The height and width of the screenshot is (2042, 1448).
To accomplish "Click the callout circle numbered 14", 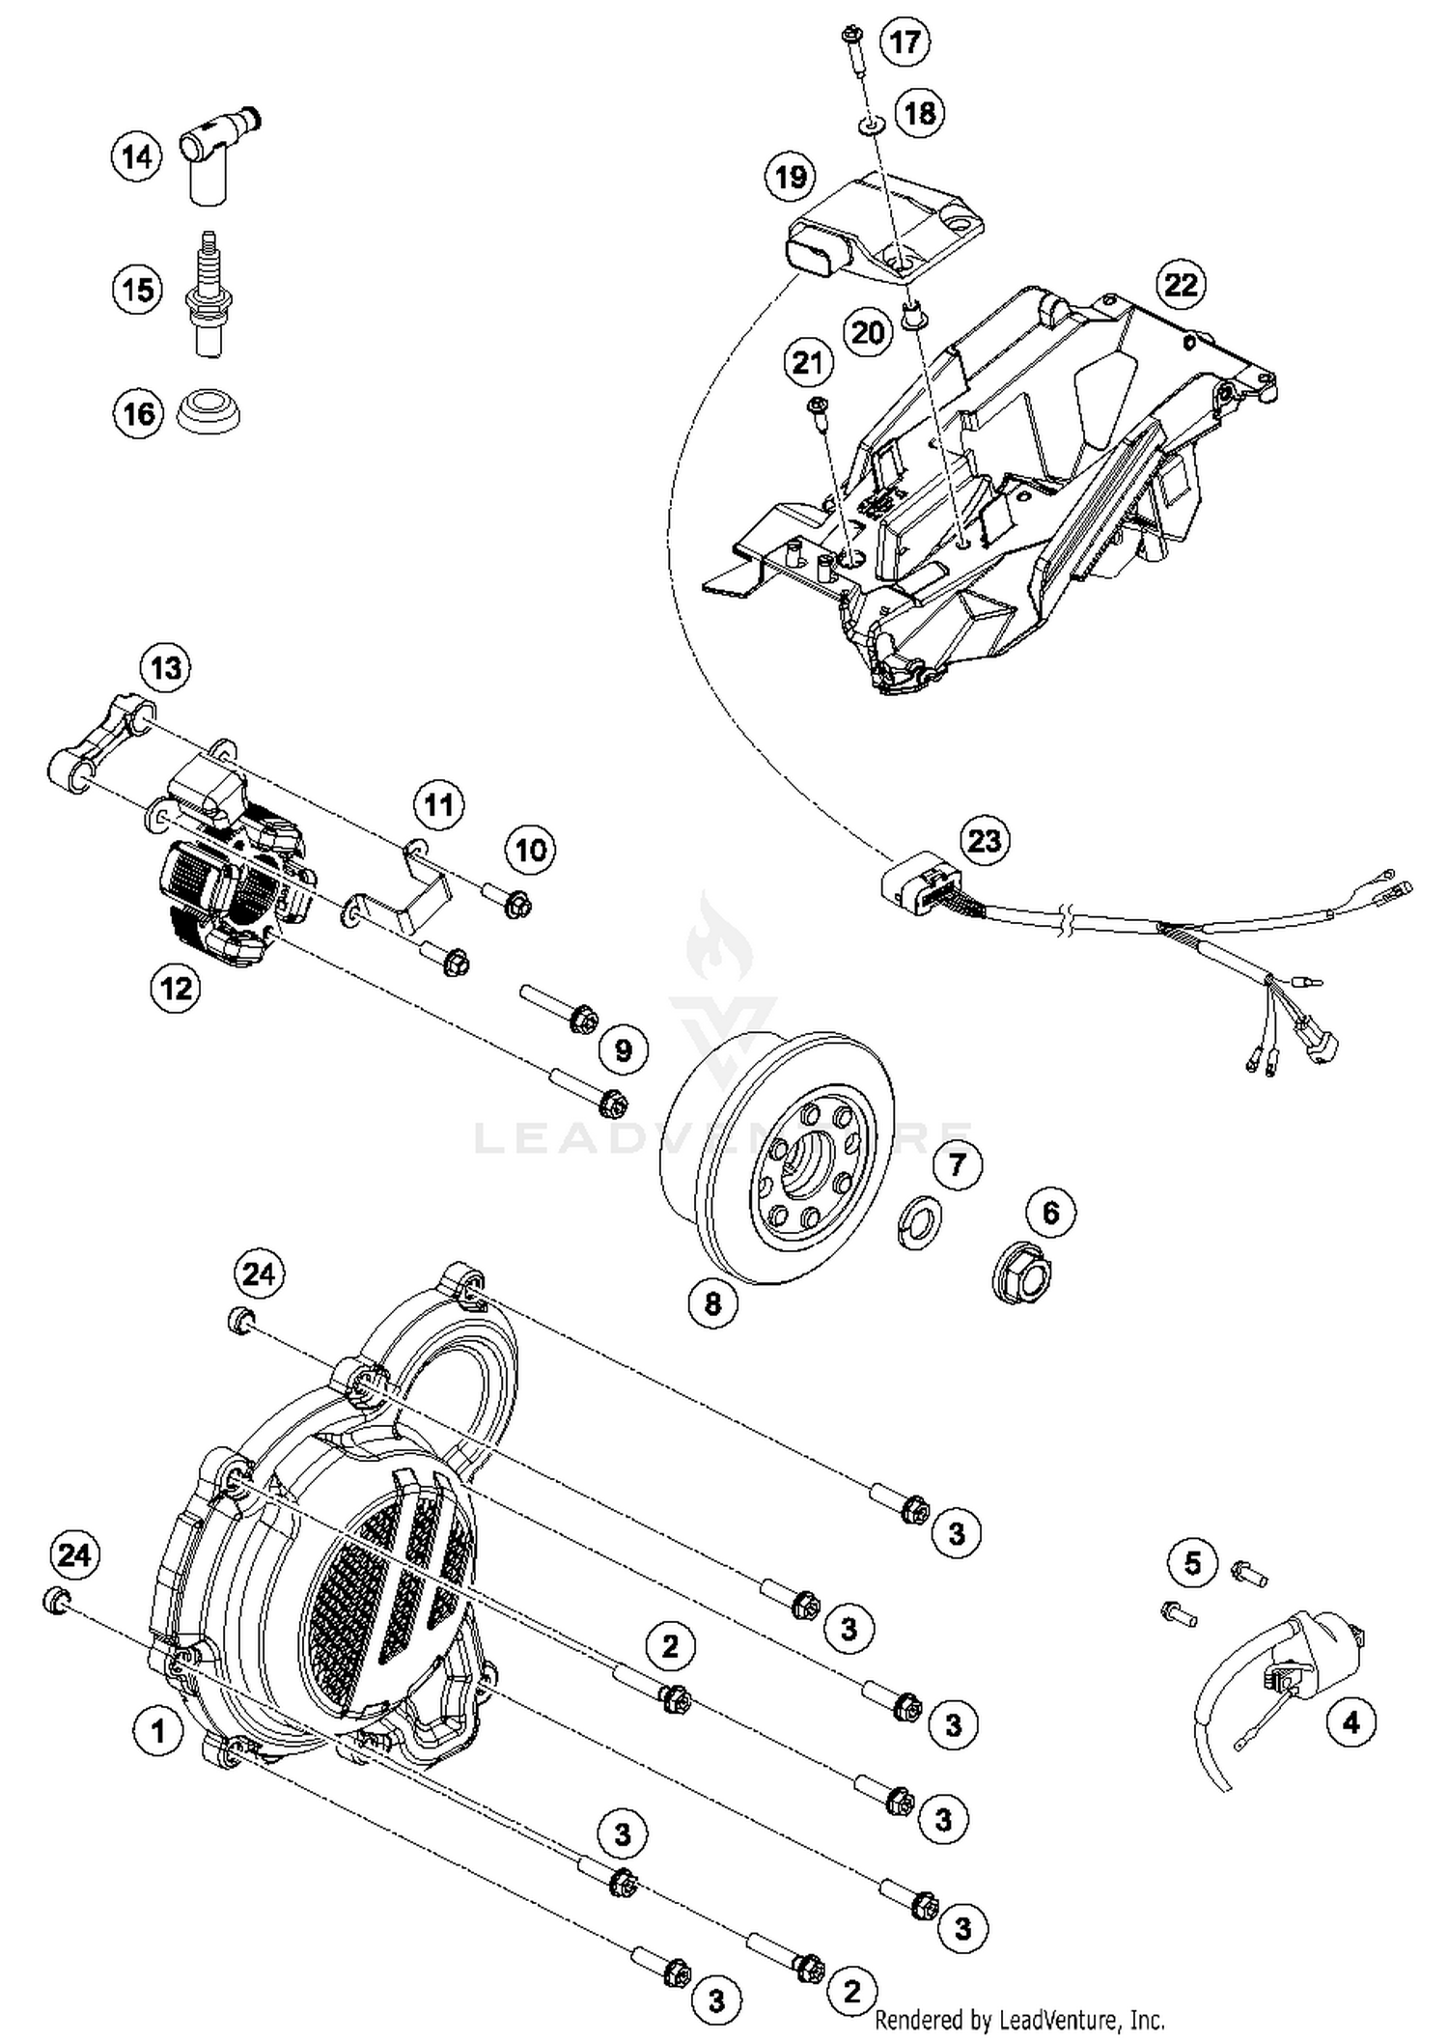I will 136,156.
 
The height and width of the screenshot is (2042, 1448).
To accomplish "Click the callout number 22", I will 1182,285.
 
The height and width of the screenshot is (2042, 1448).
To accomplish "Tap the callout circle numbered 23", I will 985,840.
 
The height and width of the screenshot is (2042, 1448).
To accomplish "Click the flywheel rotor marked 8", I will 782,1159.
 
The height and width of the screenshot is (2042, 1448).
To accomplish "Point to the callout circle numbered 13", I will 166,668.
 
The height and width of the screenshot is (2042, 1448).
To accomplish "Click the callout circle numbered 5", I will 1192,1562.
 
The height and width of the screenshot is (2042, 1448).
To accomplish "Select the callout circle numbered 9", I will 624,1049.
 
